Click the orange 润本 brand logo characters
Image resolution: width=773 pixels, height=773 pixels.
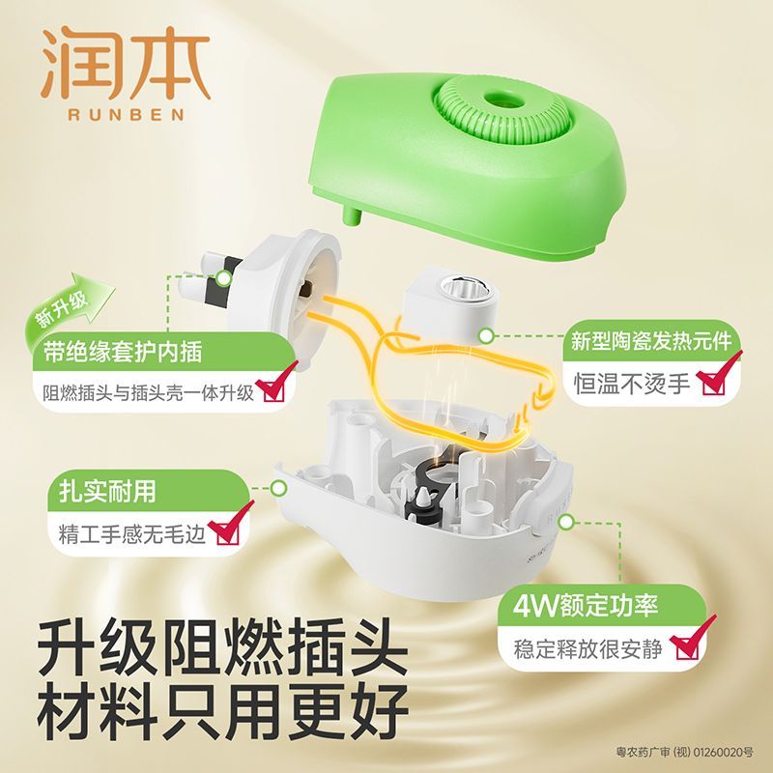(x=127, y=63)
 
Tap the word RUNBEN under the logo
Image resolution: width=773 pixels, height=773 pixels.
(x=127, y=115)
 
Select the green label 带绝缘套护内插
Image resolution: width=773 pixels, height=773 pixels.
(x=123, y=352)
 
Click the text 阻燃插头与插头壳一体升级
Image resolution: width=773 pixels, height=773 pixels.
(x=148, y=393)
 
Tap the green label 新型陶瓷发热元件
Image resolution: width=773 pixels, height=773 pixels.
(x=650, y=342)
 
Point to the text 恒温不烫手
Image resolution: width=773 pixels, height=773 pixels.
(x=632, y=383)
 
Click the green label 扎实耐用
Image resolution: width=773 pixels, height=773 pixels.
(x=107, y=491)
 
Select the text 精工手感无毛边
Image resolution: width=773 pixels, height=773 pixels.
(x=131, y=534)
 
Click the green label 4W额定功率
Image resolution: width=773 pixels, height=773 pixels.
(x=586, y=606)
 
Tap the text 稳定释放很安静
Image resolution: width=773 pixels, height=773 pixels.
(x=587, y=649)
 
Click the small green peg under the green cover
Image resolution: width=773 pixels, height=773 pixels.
(x=352, y=215)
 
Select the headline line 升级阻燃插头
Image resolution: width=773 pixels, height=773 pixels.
(x=222, y=649)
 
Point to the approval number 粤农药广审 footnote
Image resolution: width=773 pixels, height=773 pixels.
(x=685, y=753)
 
